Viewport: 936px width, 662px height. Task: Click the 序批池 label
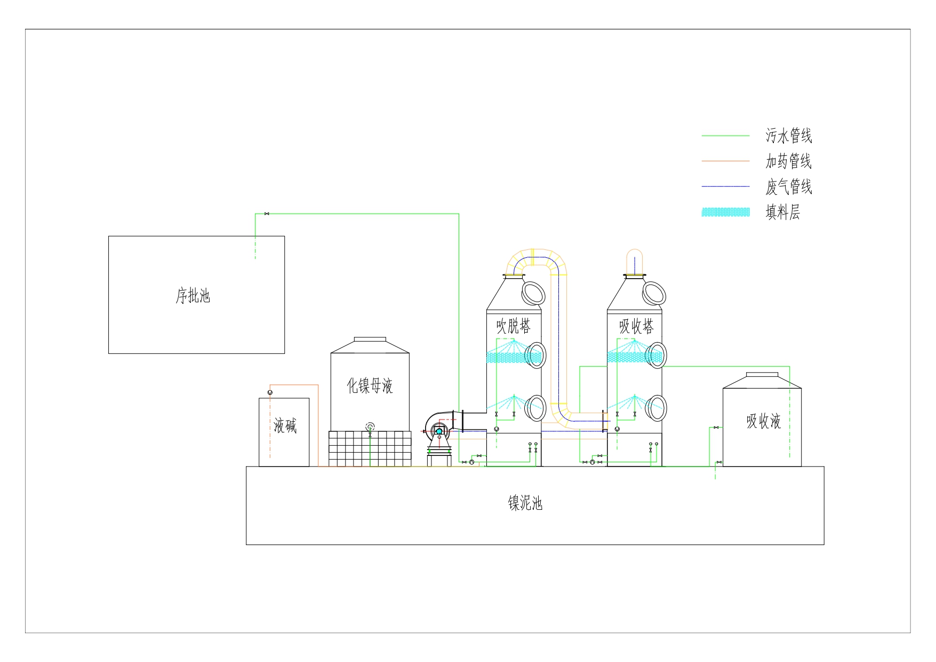coord(193,296)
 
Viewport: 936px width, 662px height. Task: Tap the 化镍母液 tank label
coord(370,385)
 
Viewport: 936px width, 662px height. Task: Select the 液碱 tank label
coord(285,426)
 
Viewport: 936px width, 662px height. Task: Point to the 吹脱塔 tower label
coord(513,326)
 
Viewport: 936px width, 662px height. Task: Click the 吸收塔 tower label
coord(636,326)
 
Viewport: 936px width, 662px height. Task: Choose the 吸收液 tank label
coord(763,421)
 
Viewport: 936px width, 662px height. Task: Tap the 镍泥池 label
coord(525,503)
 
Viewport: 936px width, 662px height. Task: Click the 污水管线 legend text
coord(788,136)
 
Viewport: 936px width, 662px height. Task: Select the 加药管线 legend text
coord(788,161)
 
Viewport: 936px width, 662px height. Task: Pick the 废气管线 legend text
coord(788,187)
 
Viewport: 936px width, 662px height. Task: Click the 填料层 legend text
coord(782,212)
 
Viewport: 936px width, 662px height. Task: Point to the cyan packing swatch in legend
coord(725,212)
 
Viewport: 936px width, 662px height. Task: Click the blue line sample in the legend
coord(725,186)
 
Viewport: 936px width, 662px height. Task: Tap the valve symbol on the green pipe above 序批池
coord(267,214)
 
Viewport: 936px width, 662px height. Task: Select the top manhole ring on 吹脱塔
coord(532,292)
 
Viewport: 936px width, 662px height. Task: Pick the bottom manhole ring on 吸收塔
coord(655,408)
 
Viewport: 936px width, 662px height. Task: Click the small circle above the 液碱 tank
coord(270,393)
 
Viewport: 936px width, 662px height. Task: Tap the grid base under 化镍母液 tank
coord(370,448)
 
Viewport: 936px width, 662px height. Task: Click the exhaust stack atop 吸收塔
coord(634,262)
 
